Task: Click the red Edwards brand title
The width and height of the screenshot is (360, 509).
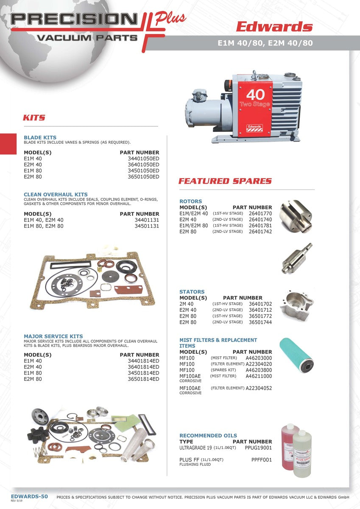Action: coord(274,27)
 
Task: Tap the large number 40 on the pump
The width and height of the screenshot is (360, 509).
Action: coord(255,94)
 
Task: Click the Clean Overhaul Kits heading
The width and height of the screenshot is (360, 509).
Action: coord(56,195)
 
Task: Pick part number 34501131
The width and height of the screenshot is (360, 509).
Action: coord(147,226)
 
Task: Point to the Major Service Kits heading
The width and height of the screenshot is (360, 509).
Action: coord(53,336)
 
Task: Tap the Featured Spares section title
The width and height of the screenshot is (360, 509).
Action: coord(225,181)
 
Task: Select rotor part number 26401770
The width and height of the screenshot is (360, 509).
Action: coord(260,214)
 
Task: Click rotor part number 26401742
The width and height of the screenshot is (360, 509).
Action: coord(260,232)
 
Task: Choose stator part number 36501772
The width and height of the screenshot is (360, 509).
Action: coord(260,316)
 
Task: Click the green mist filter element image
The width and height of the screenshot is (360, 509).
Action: coord(296,354)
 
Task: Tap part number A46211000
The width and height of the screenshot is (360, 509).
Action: coord(259,376)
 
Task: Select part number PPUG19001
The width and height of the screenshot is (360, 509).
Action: coord(258,447)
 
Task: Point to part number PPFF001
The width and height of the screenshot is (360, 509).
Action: coord(262,459)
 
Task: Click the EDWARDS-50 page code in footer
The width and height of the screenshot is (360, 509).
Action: coord(29,496)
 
